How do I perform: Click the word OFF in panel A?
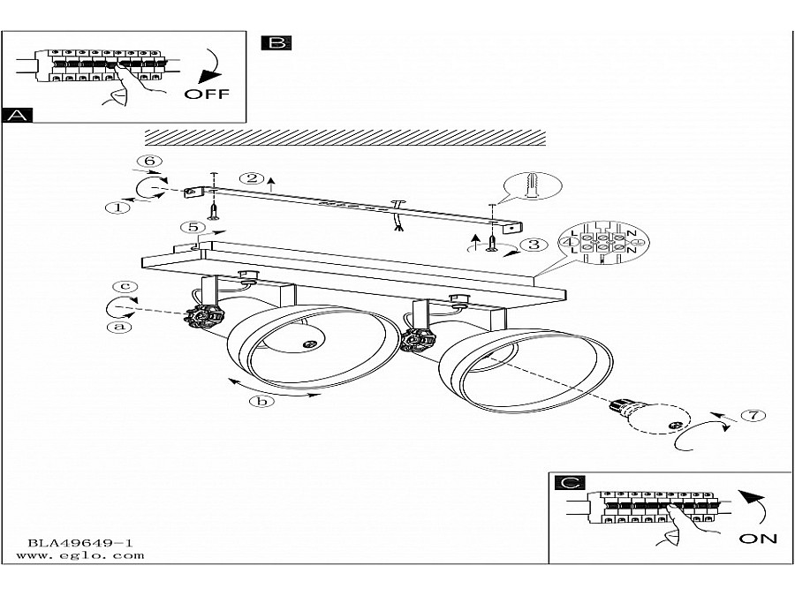coord(207,94)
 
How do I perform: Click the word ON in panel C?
coord(758,539)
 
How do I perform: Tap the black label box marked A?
coord(18,115)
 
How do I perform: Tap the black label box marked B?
coord(276,42)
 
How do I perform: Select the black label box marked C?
coord(570,482)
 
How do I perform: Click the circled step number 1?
coord(117,207)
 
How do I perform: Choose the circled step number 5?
coord(193,227)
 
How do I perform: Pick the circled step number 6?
coord(149,162)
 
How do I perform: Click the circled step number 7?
coord(753,415)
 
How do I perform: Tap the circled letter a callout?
coord(119,327)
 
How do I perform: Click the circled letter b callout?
coord(261,402)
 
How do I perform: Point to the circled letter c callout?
coord(125,286)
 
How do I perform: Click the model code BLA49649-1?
coord(80,543)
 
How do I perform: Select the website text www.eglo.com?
coord(80,555)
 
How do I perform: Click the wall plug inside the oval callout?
coord(533,186)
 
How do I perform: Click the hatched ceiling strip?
coord(345,138)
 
